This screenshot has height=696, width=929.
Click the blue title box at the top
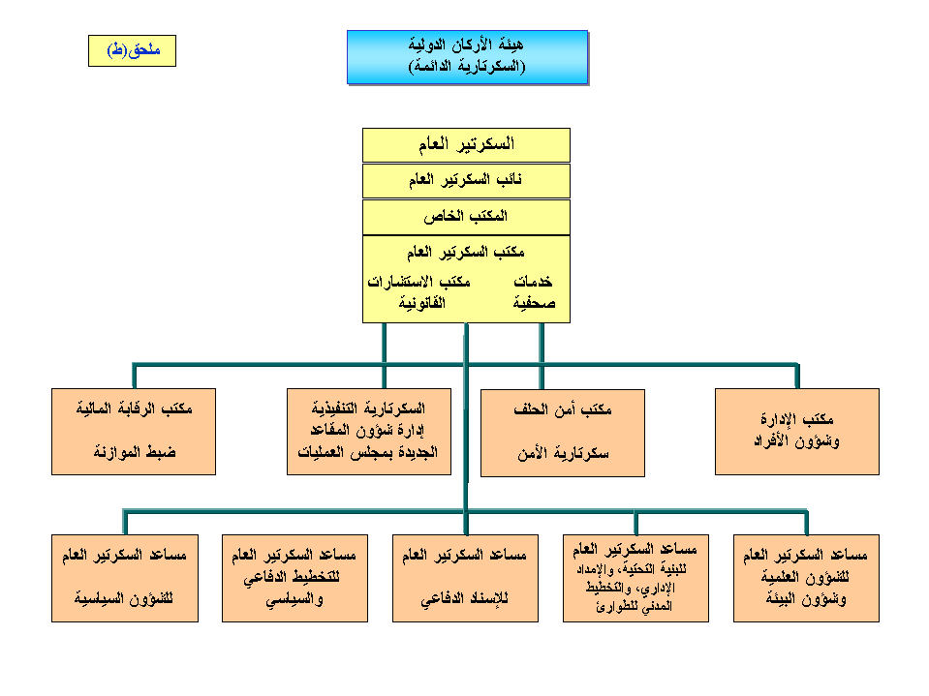(467, 56)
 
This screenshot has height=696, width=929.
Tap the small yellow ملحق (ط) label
(132, 50)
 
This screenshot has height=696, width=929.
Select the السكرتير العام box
(466, 145)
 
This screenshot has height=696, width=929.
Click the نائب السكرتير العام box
(466, 181)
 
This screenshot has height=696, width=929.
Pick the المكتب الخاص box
(466, 217)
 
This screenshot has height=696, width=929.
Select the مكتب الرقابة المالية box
(134, 432)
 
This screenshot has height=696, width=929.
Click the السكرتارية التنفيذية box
(369, 432)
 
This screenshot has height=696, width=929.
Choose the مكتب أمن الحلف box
(563, 433)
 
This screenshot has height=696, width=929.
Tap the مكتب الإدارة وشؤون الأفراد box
(797, 432)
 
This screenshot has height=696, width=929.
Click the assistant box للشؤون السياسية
(125, 578)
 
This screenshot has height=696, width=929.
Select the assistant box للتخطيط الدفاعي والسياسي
(295, 578)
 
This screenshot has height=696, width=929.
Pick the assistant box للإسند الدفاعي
(466, 578)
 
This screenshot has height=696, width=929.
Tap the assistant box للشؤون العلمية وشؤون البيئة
(806, 578)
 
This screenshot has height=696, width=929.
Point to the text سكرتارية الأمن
(563, 453)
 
